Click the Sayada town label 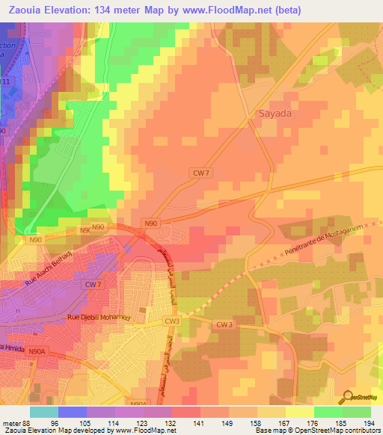(274, 115)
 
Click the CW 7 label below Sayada (200, 173)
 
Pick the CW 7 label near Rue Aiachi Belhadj (92, 285)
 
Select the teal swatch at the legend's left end (43, 411)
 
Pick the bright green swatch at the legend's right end (356, 411)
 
